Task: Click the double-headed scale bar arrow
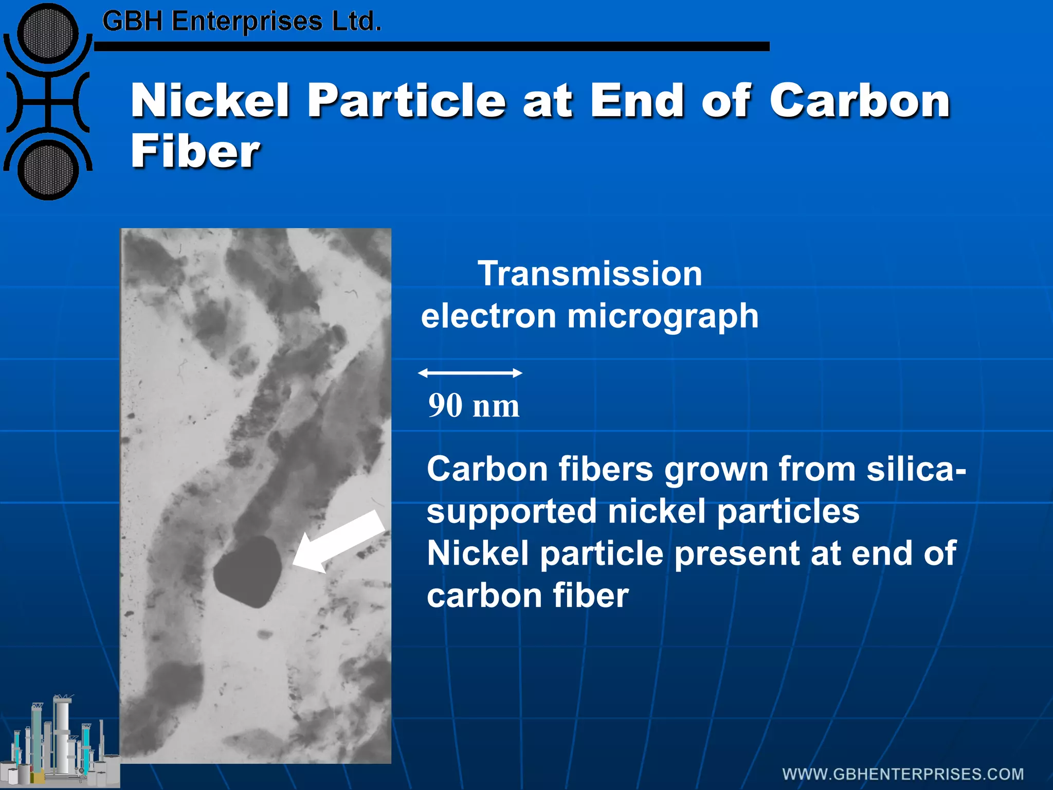coord(470,373)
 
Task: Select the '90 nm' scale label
coord(474,406)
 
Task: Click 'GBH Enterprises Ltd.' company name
coord(242,22)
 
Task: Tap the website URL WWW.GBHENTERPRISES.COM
coord(903,774)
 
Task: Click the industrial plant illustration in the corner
coord(59,741)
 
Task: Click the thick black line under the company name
coord(432,46)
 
